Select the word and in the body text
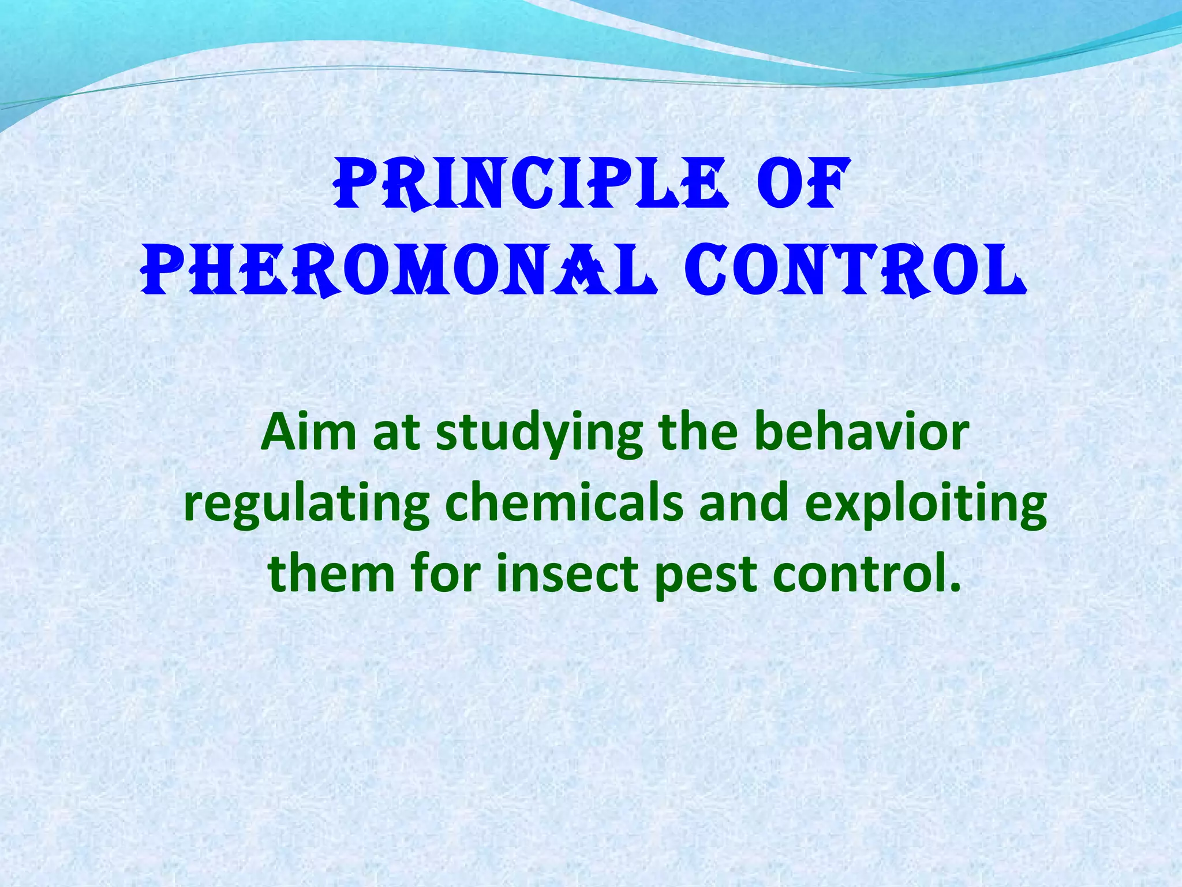click(x=744, y=503)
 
